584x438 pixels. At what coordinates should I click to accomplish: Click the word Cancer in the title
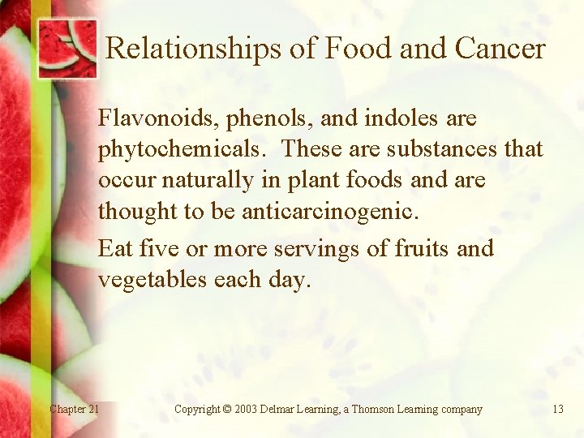[x=500, y=49]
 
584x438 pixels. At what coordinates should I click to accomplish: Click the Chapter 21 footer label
[x=74, y=410]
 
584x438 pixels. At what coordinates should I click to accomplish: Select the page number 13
[x=557, y=410]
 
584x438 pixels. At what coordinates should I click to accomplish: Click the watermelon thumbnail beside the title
[x=67, y=47]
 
